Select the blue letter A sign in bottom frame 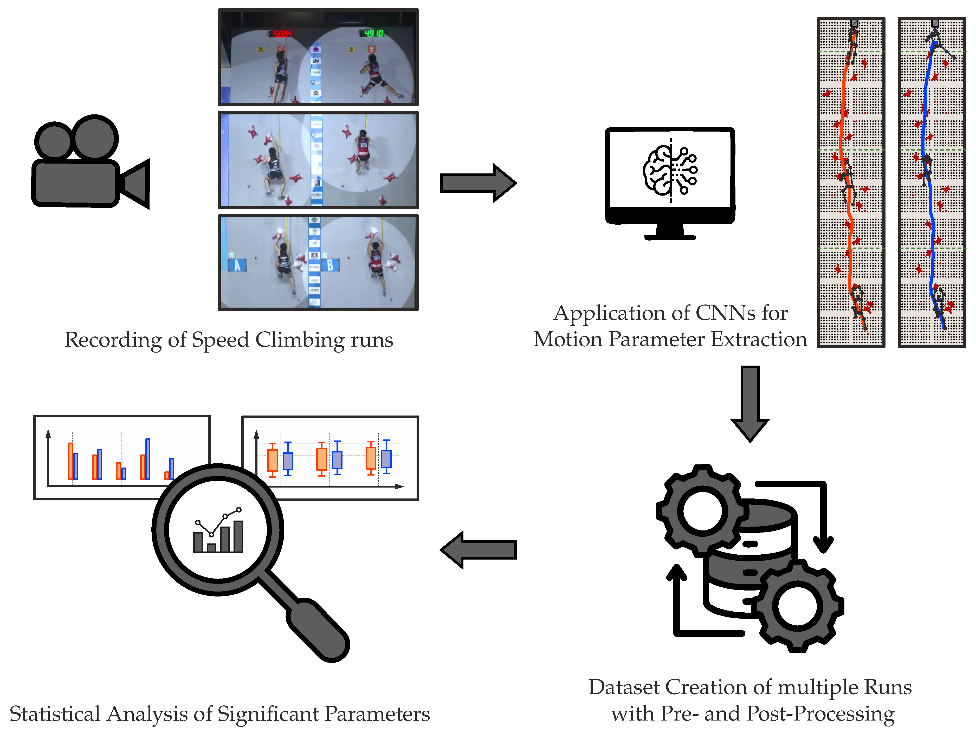237,265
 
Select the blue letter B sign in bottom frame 330,265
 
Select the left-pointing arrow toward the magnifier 479,549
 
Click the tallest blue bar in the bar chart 148,459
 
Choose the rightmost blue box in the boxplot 386,459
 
